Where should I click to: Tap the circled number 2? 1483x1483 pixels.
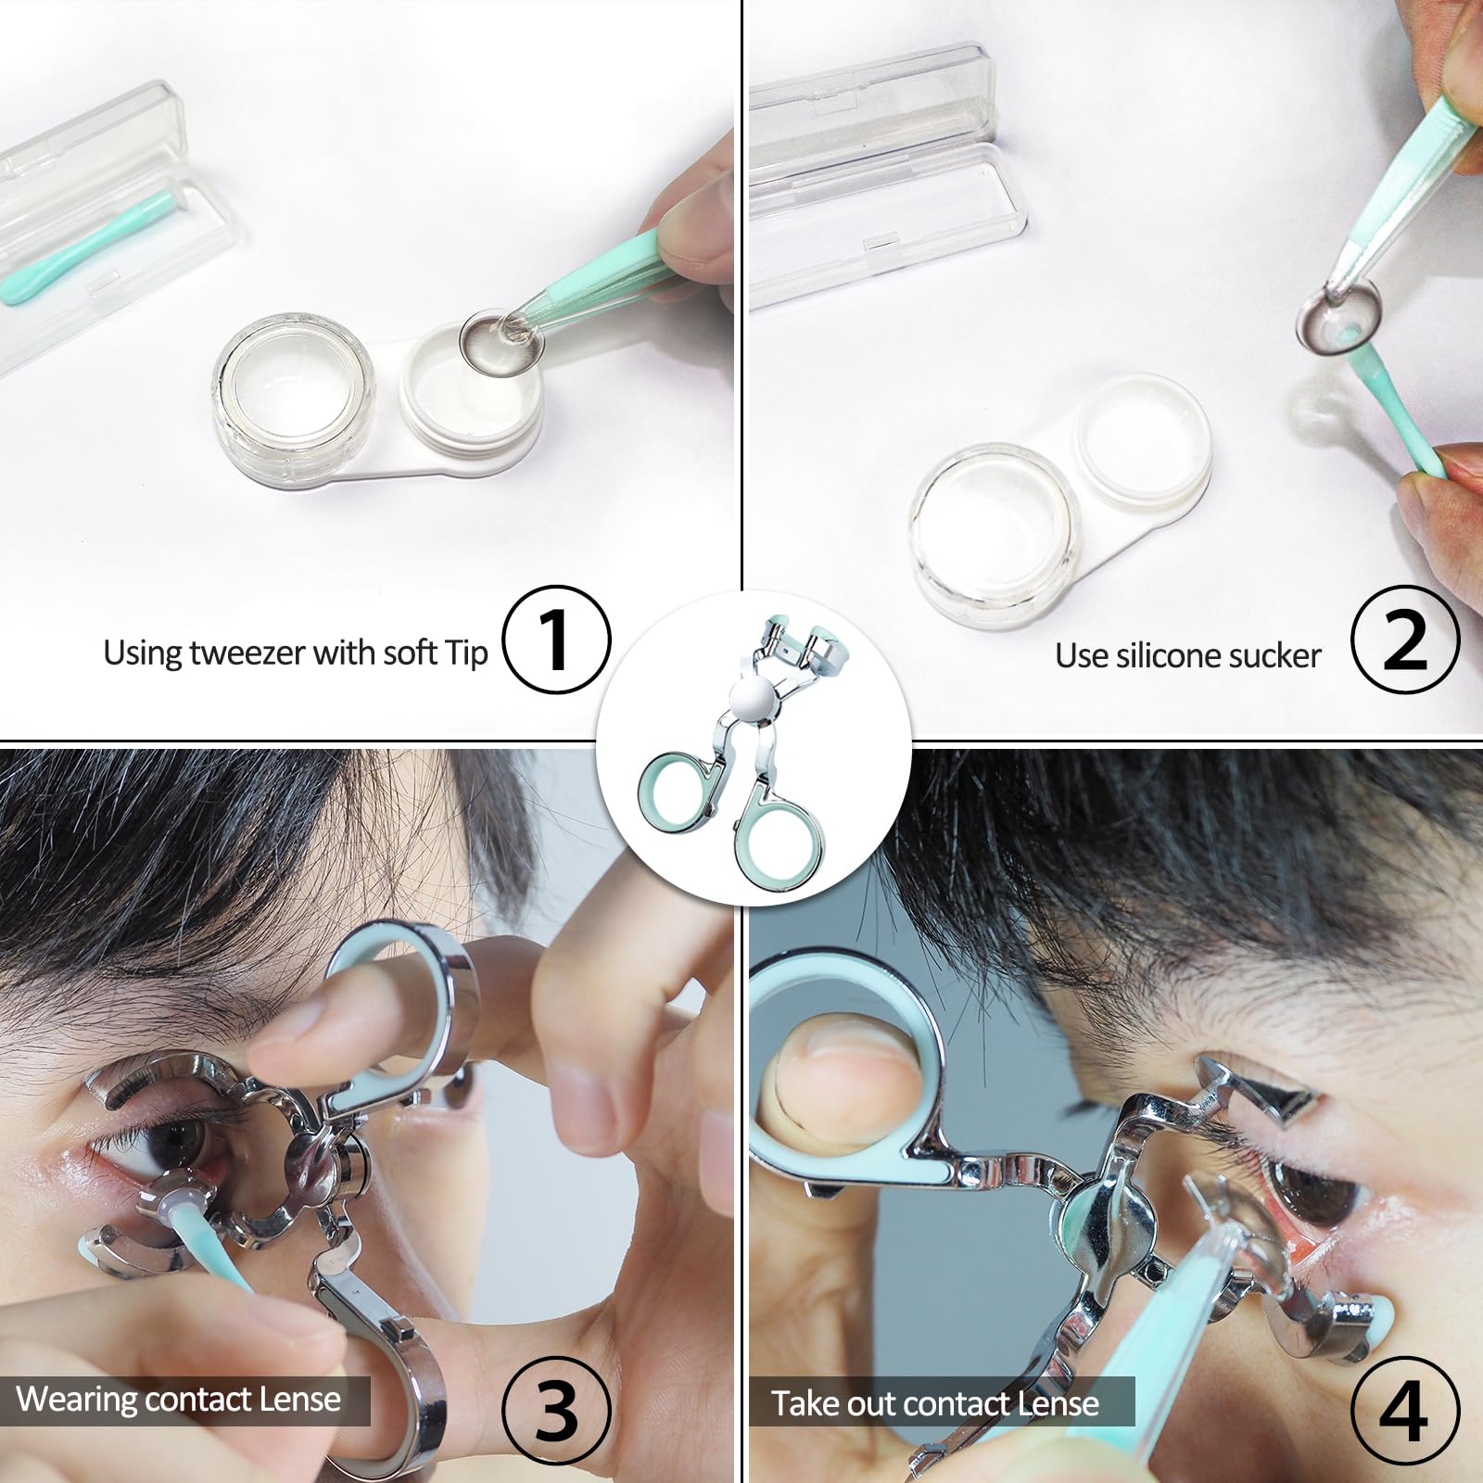pyautogui.click(x=1405, y=640)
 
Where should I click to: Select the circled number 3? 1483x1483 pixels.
pyautogui.click(x=556, y=1411)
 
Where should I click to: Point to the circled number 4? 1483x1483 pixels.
pyautogui.click(x=1405, y=1411)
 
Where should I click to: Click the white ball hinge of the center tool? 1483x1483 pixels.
pyautogui.click(x=752, y=697)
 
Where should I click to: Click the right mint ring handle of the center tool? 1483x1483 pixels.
pyautogui.click(x=783, y=843)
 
